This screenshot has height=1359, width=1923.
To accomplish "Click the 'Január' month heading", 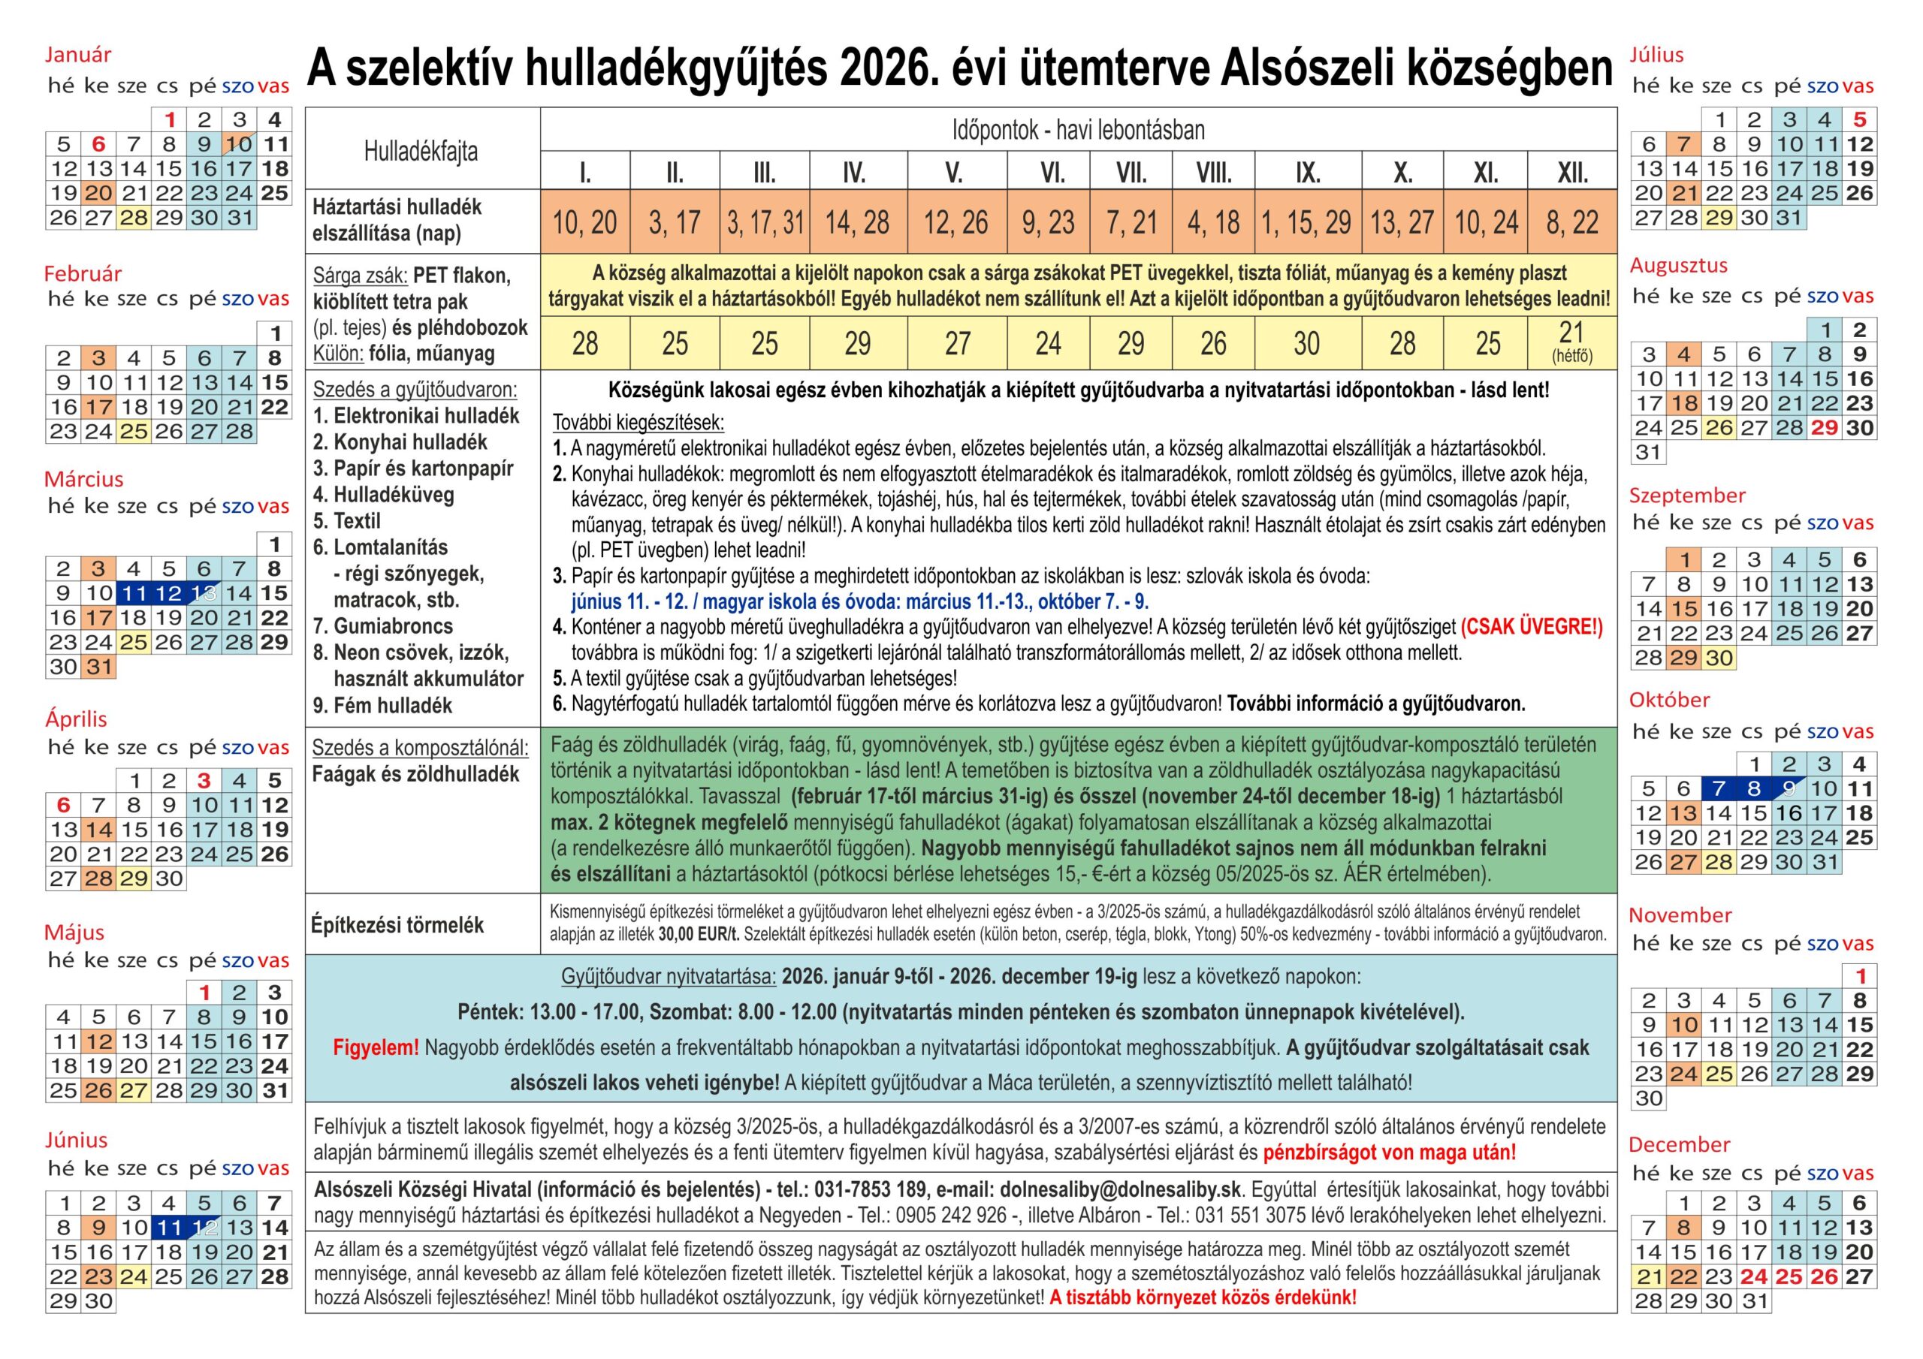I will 78,56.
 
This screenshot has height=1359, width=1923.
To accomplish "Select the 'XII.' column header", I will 1572,173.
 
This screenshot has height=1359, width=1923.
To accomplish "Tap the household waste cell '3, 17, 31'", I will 765,223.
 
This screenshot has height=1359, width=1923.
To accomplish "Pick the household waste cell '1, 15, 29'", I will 1307,223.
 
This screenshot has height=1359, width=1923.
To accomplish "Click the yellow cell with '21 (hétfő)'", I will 1572,342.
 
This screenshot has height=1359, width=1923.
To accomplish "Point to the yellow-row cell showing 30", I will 1307,343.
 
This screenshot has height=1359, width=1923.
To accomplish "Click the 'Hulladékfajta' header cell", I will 421,152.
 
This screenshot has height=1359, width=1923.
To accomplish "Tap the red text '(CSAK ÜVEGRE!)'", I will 1531,626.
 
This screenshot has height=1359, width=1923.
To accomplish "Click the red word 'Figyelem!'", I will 376,1047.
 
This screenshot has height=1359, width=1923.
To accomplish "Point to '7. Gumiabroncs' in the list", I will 383,626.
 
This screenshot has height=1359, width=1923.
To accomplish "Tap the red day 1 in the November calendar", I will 1860,976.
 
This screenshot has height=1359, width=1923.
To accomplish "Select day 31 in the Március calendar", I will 99,667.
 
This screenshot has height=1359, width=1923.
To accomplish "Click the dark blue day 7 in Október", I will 1719,789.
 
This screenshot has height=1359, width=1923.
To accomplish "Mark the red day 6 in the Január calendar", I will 99,144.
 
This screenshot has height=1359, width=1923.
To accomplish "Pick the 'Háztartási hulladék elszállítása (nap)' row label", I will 397,219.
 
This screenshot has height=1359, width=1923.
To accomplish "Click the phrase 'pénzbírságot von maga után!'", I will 1390,1153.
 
